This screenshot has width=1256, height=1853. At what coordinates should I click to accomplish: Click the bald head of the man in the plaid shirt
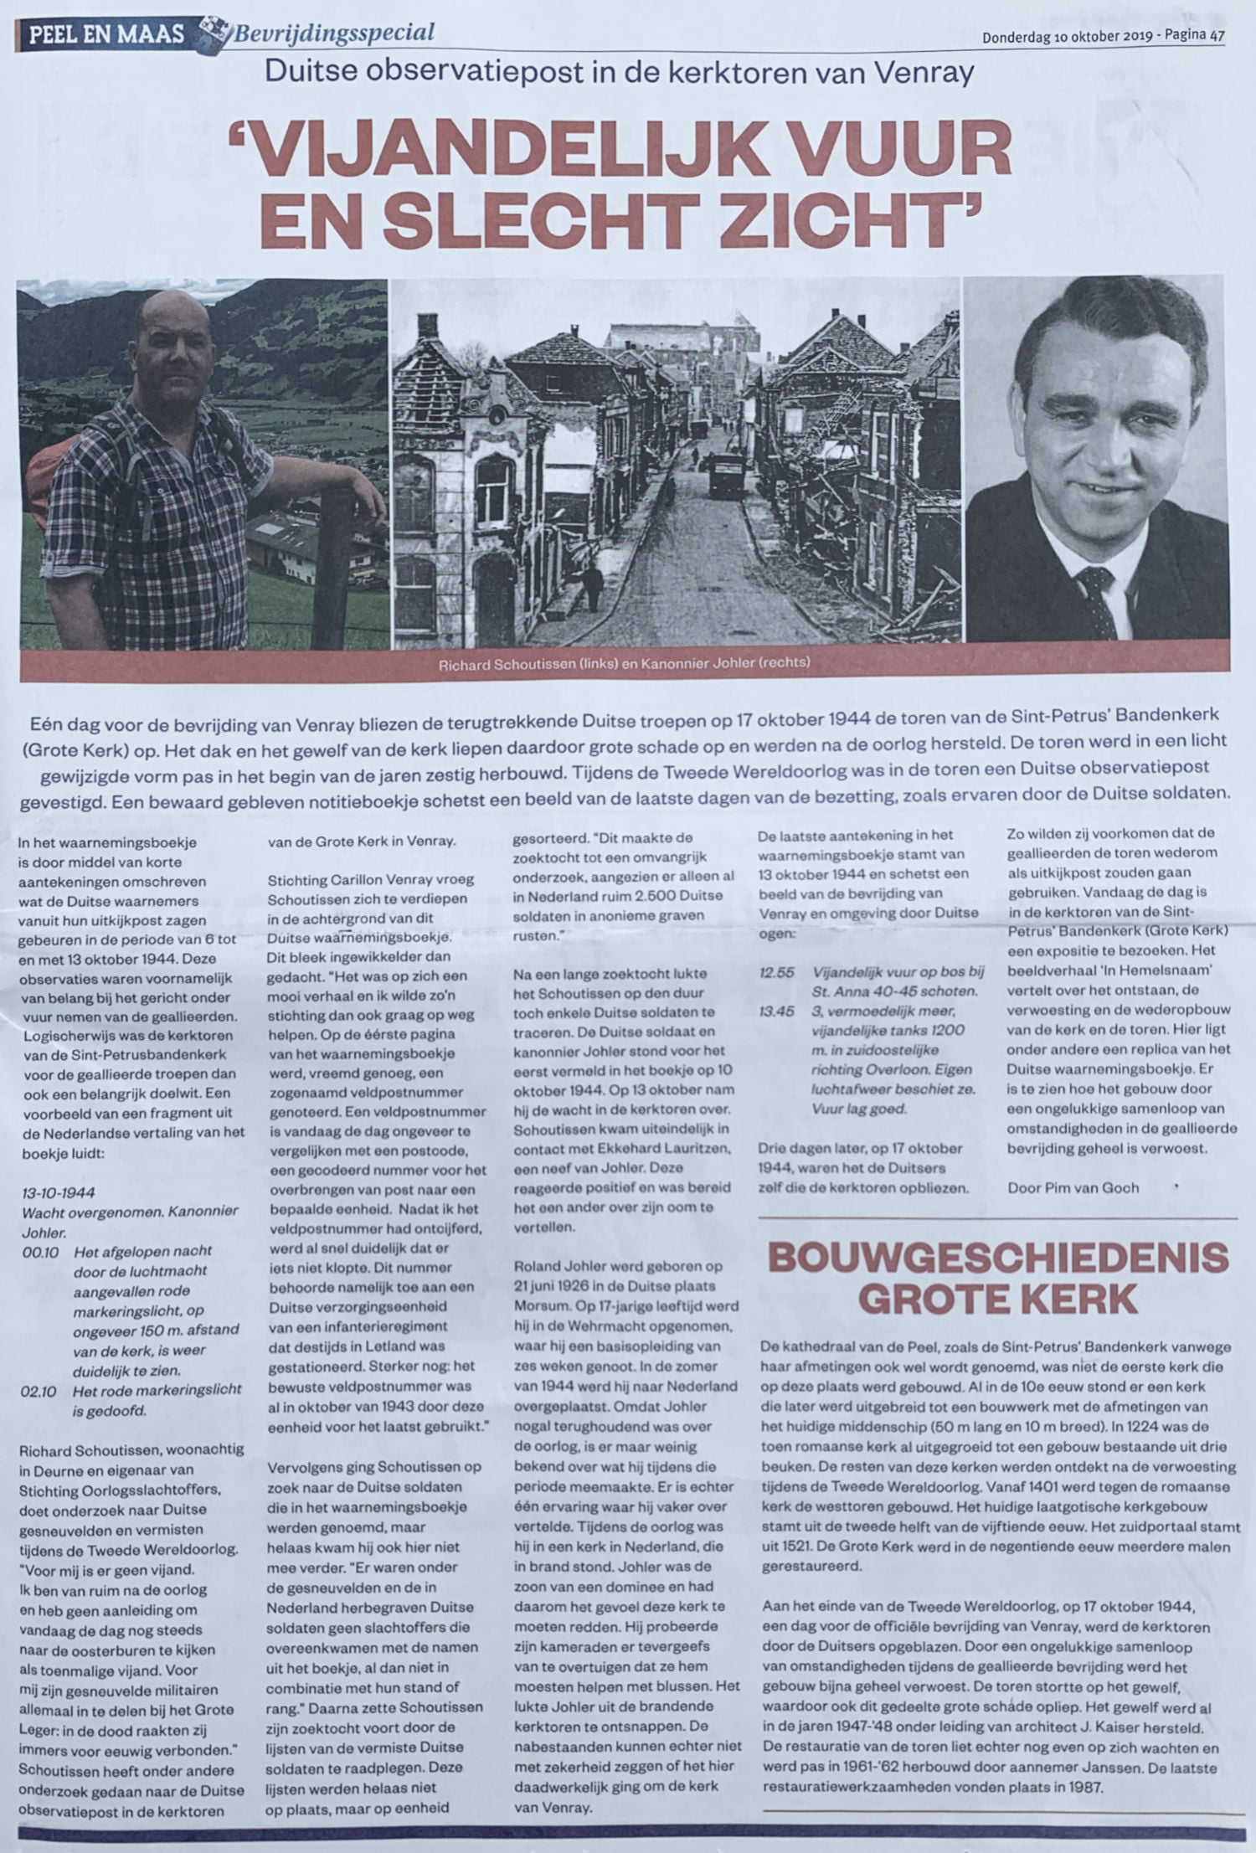174,315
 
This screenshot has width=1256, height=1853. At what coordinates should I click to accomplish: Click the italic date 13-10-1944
59,1192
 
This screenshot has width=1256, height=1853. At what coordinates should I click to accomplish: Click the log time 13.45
776,1011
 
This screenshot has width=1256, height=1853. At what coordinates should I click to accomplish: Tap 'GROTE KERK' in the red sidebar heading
998,1299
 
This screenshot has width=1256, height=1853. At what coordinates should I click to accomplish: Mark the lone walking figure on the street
592,584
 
